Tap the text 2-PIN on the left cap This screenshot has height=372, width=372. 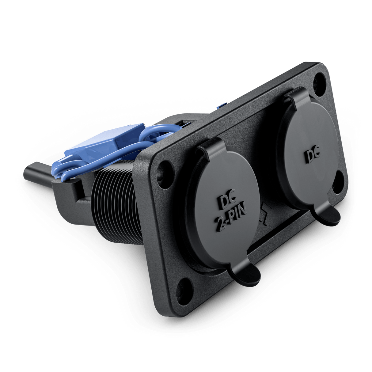point(231,221)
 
